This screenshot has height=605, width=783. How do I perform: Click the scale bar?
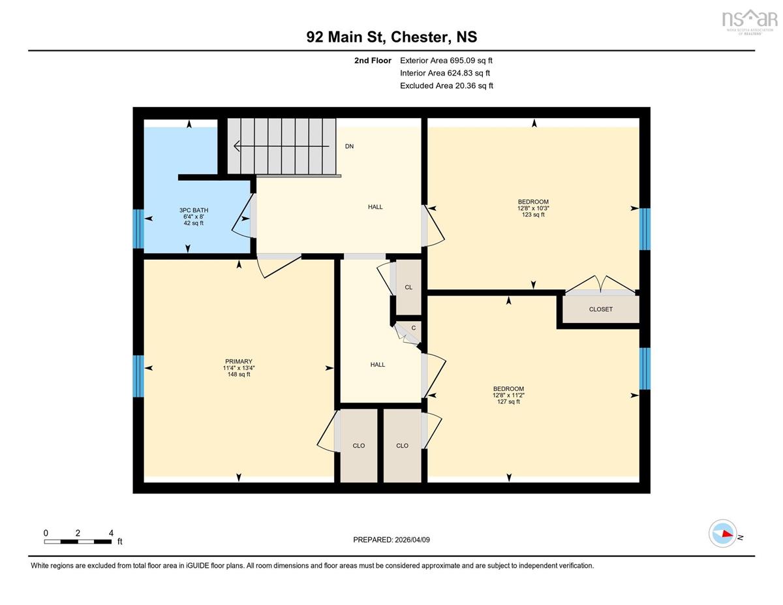coord(78,542)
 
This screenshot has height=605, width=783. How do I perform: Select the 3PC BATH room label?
coord(194,210)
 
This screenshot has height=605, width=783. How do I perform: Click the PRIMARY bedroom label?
coord(239,362)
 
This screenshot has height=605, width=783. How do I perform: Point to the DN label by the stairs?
coord(349,146)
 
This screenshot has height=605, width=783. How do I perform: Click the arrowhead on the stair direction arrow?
coord(237,146)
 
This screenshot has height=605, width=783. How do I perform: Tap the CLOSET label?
coord(601,309)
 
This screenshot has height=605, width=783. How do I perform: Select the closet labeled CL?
coord(408,287)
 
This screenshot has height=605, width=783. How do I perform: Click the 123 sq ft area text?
coord(533,215)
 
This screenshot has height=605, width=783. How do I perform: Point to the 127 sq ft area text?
coord(508,402)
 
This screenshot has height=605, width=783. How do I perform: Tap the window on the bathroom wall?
coord(138,229)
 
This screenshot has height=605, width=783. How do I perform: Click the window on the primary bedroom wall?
coord(138,377)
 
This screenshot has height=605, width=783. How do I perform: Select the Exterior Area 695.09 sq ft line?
coord(446,61)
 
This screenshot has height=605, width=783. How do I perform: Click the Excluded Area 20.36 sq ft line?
coord(446,85)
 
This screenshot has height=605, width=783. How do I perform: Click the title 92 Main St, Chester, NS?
coord(391,37)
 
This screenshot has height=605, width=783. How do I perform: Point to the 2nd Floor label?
coord(373,61)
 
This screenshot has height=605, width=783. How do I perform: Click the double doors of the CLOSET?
coord(600,285)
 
